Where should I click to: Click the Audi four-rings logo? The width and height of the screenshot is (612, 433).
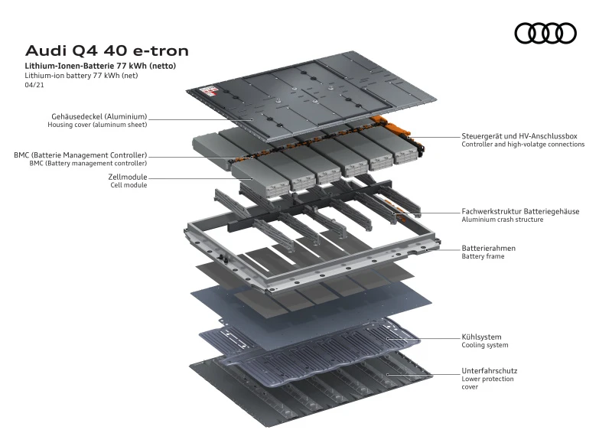(x=545, y=33)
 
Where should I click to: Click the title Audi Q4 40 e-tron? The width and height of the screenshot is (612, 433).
(x=107, y=51)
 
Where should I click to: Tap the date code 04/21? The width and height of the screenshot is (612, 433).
(x=34, y=86)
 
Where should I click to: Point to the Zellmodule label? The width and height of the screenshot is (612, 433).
(x=128, y=177)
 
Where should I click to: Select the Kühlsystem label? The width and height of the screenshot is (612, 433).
(x=481, y=337)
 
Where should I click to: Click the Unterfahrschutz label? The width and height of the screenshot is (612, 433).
(x=489, y=370)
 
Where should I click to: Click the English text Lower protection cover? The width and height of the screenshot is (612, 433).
(x=487, y=383)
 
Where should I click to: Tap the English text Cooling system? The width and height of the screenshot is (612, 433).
(x=485, y=345)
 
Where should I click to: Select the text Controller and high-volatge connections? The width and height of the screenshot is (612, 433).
(x=522, y=144)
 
